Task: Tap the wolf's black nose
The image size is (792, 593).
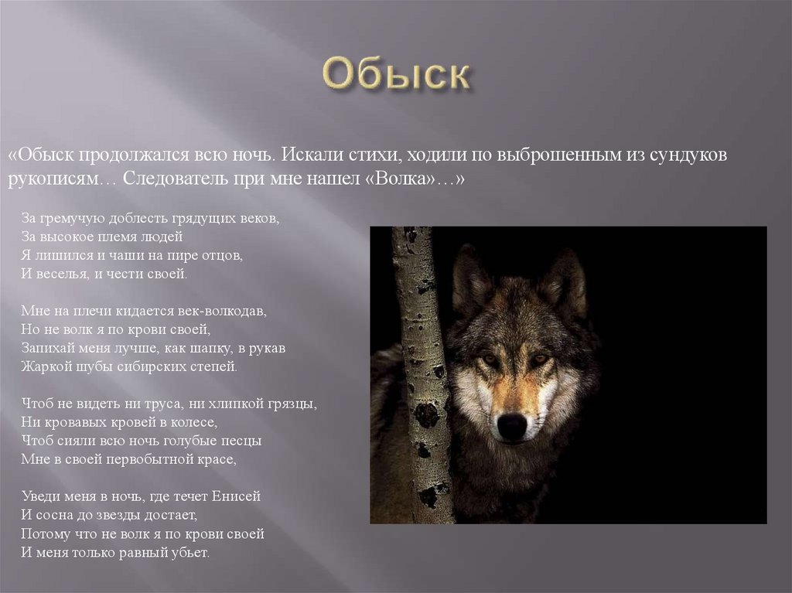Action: tap(511, 426)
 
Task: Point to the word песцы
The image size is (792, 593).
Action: tap(240, 441)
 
